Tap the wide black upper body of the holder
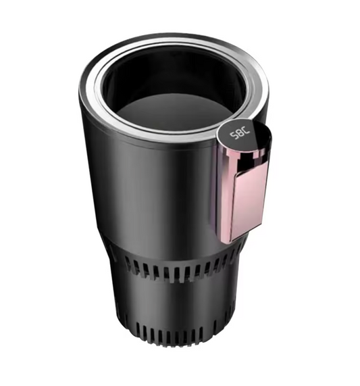pos(149,196)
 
